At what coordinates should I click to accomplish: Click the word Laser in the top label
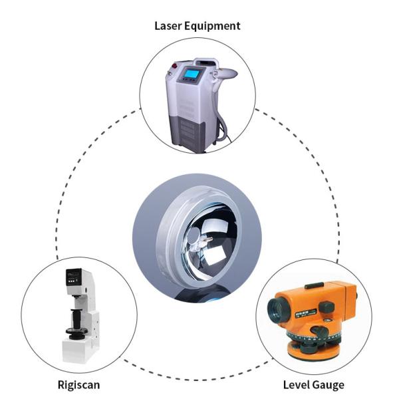[x=168, y=26]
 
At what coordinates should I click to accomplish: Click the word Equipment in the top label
[x=212, y=27]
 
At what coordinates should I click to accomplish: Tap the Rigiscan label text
[x=78, y=385]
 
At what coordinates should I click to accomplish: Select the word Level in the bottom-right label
[x=296, y=385]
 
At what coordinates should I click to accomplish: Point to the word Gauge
[x=329, y=386]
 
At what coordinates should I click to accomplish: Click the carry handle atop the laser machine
[x=206, y=62]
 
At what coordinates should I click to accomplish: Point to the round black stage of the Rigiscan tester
[x=76, y=331]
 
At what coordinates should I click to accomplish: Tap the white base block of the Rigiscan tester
[x=77, y=350]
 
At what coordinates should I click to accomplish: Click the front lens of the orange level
[x=277, y=309]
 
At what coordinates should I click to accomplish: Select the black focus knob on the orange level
[x=327, y=307]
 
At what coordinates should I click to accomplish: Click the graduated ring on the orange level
[x=313, y=337]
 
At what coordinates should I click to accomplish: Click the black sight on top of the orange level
[x=315, y=286]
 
